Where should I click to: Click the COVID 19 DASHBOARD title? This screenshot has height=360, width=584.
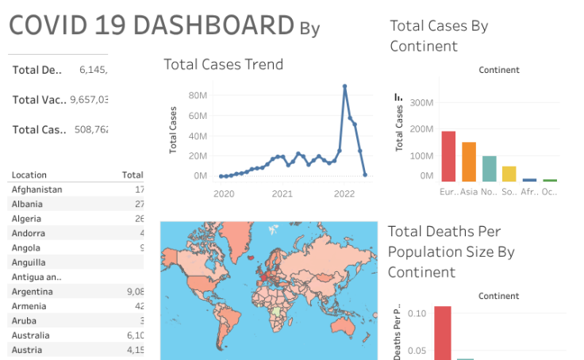[152, 25]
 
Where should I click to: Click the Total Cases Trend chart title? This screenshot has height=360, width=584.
[223, 64]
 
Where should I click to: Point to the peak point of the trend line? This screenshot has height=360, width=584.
[344, 86]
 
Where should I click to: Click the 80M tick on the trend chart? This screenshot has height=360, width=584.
[198, 95]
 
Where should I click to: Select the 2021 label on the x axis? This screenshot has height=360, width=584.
[282, 193]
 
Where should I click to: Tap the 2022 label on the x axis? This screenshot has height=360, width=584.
[344, 193]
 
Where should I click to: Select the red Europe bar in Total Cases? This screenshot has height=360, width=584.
[448, 156]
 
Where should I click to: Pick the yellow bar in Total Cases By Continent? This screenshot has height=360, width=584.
[509, 174]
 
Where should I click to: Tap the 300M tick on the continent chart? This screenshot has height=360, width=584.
[421, 103]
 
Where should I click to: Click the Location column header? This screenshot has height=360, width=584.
[29, 175]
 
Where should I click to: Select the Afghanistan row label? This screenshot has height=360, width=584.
[36, 190]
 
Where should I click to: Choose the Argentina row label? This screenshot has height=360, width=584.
[33, 292]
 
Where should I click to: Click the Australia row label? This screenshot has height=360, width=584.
[31, 335]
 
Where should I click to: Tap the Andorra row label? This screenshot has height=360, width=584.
[29, 233]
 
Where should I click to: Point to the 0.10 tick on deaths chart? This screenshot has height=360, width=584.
[417, 313]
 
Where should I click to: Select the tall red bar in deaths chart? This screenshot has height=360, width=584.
[442, 332]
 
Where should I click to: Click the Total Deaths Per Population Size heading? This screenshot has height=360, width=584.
[451, 251]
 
